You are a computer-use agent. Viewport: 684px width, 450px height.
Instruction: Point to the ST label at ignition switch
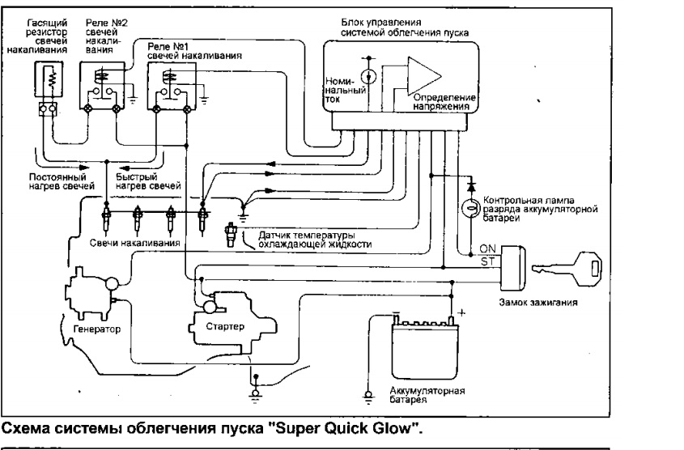488,261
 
